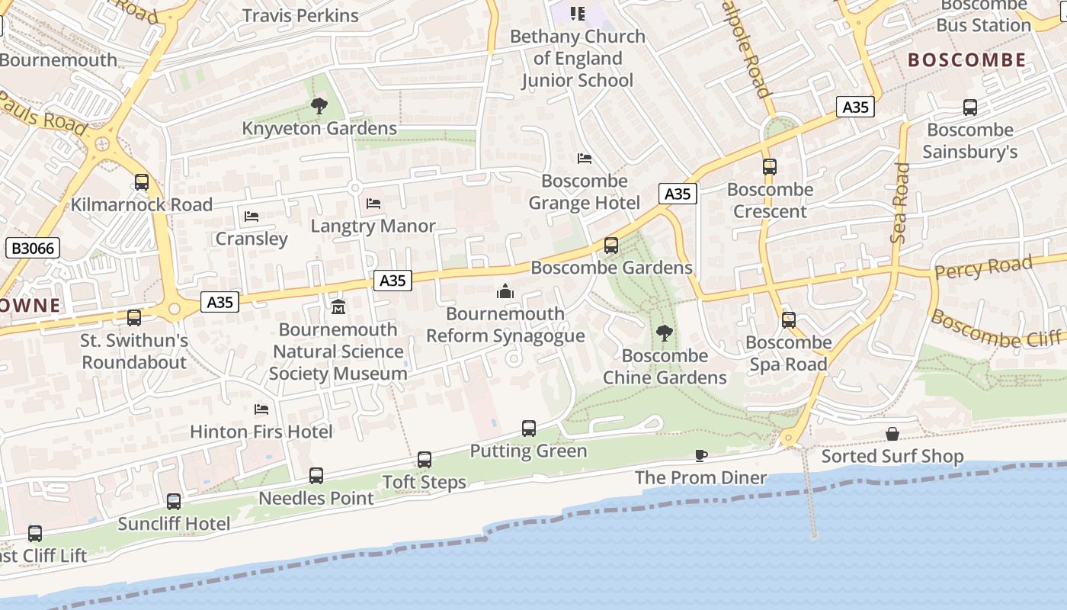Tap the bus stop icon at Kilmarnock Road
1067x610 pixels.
tap(142, 182)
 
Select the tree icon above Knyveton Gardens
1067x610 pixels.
tap(319, 106)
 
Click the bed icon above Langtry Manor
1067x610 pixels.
tap(373, 204)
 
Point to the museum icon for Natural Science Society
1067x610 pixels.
tap(338, 307)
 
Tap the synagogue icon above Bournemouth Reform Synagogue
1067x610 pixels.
tap(505, 291)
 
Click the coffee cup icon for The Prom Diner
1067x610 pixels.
tap(701, 455)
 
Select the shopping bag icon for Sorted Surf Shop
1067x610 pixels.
tap(892, 434)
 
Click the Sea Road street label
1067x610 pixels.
tap(900, 203)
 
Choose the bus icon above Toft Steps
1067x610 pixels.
tap(425, 460)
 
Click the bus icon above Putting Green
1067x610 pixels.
tap(529, 429)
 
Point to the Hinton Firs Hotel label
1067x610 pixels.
tap(261, 432)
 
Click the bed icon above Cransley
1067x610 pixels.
tap(252, 217)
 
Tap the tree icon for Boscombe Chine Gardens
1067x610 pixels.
tap(665, 332)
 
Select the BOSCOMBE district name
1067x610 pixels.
tap(967, 60)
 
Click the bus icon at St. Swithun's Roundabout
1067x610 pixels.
tap(134, 318)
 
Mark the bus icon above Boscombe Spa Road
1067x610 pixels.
tap(789, 320)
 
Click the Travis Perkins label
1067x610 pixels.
tap(300, 15)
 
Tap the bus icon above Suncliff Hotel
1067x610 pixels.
tap(174, 502)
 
